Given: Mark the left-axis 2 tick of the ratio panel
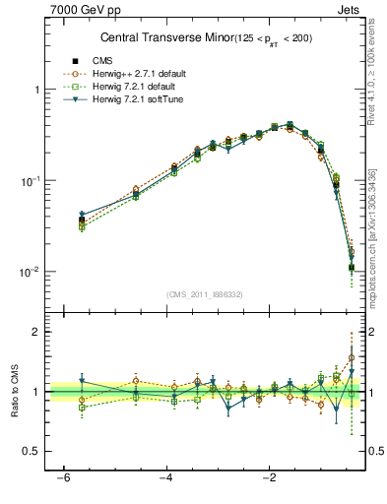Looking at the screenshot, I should click(x=35, y=332).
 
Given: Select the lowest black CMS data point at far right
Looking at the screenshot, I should click(x=352, y=267).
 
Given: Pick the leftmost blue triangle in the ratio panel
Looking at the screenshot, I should click(x=82, y=381).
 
